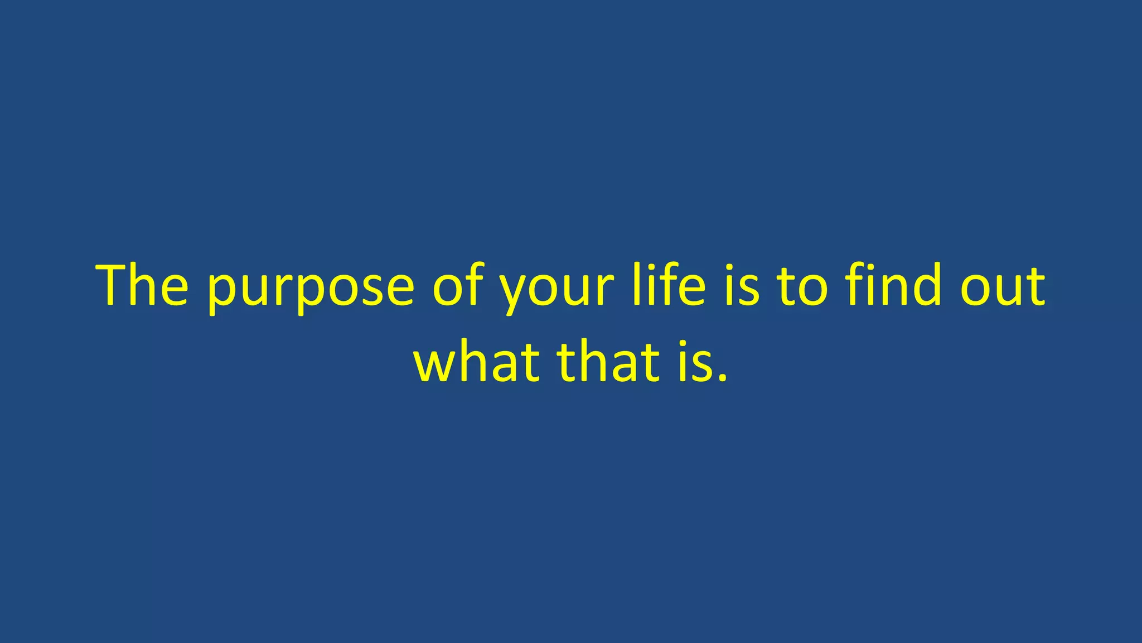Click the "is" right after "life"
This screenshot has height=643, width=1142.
(x=742, y=286)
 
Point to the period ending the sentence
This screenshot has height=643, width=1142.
(x=723, y=378)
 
